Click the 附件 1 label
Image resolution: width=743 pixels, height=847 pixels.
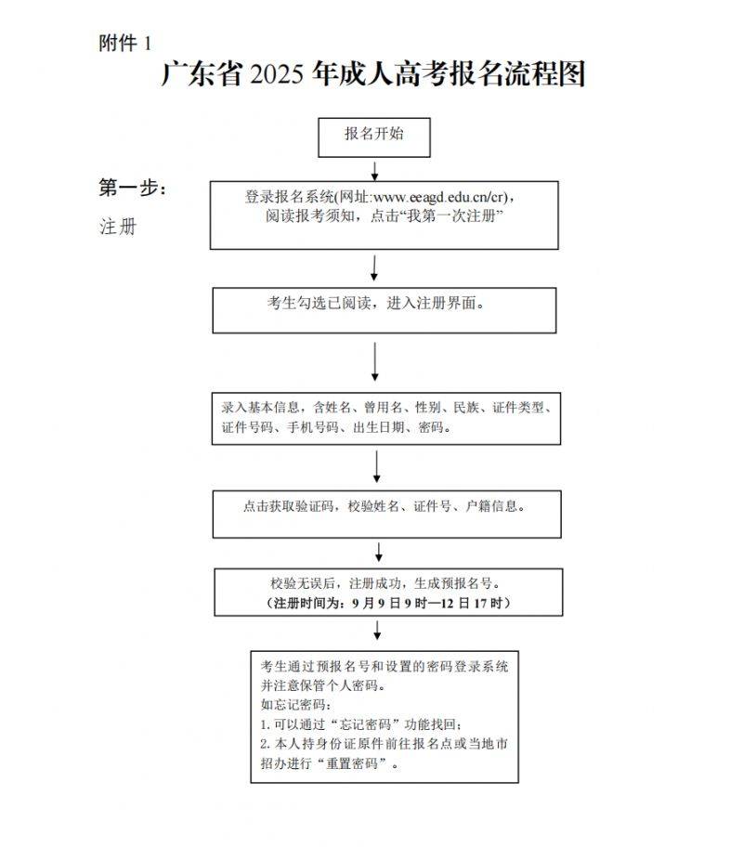[124, 43]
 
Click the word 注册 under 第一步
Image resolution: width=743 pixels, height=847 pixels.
[118, 227]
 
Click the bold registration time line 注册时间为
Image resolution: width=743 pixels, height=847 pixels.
[388, 604]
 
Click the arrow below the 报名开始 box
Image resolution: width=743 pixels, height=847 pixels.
[374, 170]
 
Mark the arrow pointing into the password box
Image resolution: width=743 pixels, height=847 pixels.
[378, 632]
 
